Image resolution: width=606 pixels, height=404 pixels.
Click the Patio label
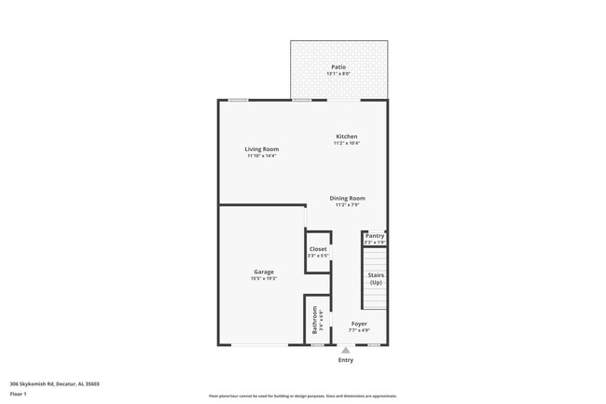[x=338, y=67]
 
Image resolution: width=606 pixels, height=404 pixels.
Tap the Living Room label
[x=262, y=149]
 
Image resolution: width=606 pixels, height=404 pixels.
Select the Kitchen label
[x=347, y=136]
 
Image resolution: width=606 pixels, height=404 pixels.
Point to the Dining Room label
[x=347, y=198]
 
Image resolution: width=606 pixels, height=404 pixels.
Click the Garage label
[x=264, y=272]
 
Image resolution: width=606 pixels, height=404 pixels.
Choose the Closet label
[x=318, y=249]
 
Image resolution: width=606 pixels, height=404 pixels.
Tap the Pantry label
[x=374, y=236]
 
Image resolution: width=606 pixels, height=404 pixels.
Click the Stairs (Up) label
[x=375, y=278]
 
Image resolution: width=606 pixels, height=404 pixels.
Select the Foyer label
[x=359, y=324]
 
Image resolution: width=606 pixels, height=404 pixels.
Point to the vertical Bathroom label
[x=316, y=320]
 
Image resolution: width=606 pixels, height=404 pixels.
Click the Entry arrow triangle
[x=346, y=350]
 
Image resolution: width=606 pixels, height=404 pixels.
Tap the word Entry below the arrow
[x=346, y=360]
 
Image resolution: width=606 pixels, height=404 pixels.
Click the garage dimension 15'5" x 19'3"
[x=264, y=278]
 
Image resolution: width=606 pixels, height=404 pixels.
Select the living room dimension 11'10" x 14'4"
[x=262, y=156]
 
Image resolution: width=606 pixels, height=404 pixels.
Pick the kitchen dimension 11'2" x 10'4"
[x=347, y=143]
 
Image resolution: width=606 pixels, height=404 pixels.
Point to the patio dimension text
[x=338, y=74]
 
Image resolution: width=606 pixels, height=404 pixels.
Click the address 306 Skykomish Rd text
[x=55, y=383]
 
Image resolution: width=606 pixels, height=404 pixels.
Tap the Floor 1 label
[x=20, y=394]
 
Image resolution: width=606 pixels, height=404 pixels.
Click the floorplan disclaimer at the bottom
[x=302, y=396]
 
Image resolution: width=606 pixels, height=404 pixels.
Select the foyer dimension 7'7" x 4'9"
[x=359, y=330]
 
